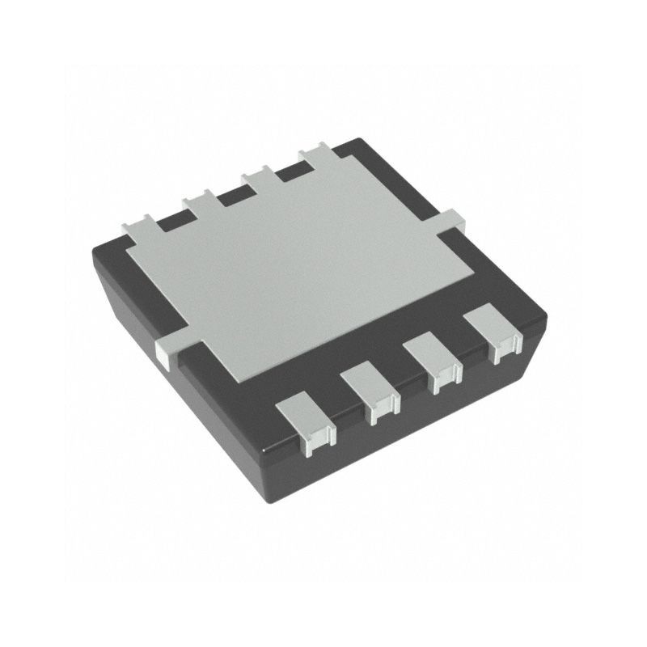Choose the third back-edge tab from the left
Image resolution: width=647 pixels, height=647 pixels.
pyautogui.click(x=256, y=175)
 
